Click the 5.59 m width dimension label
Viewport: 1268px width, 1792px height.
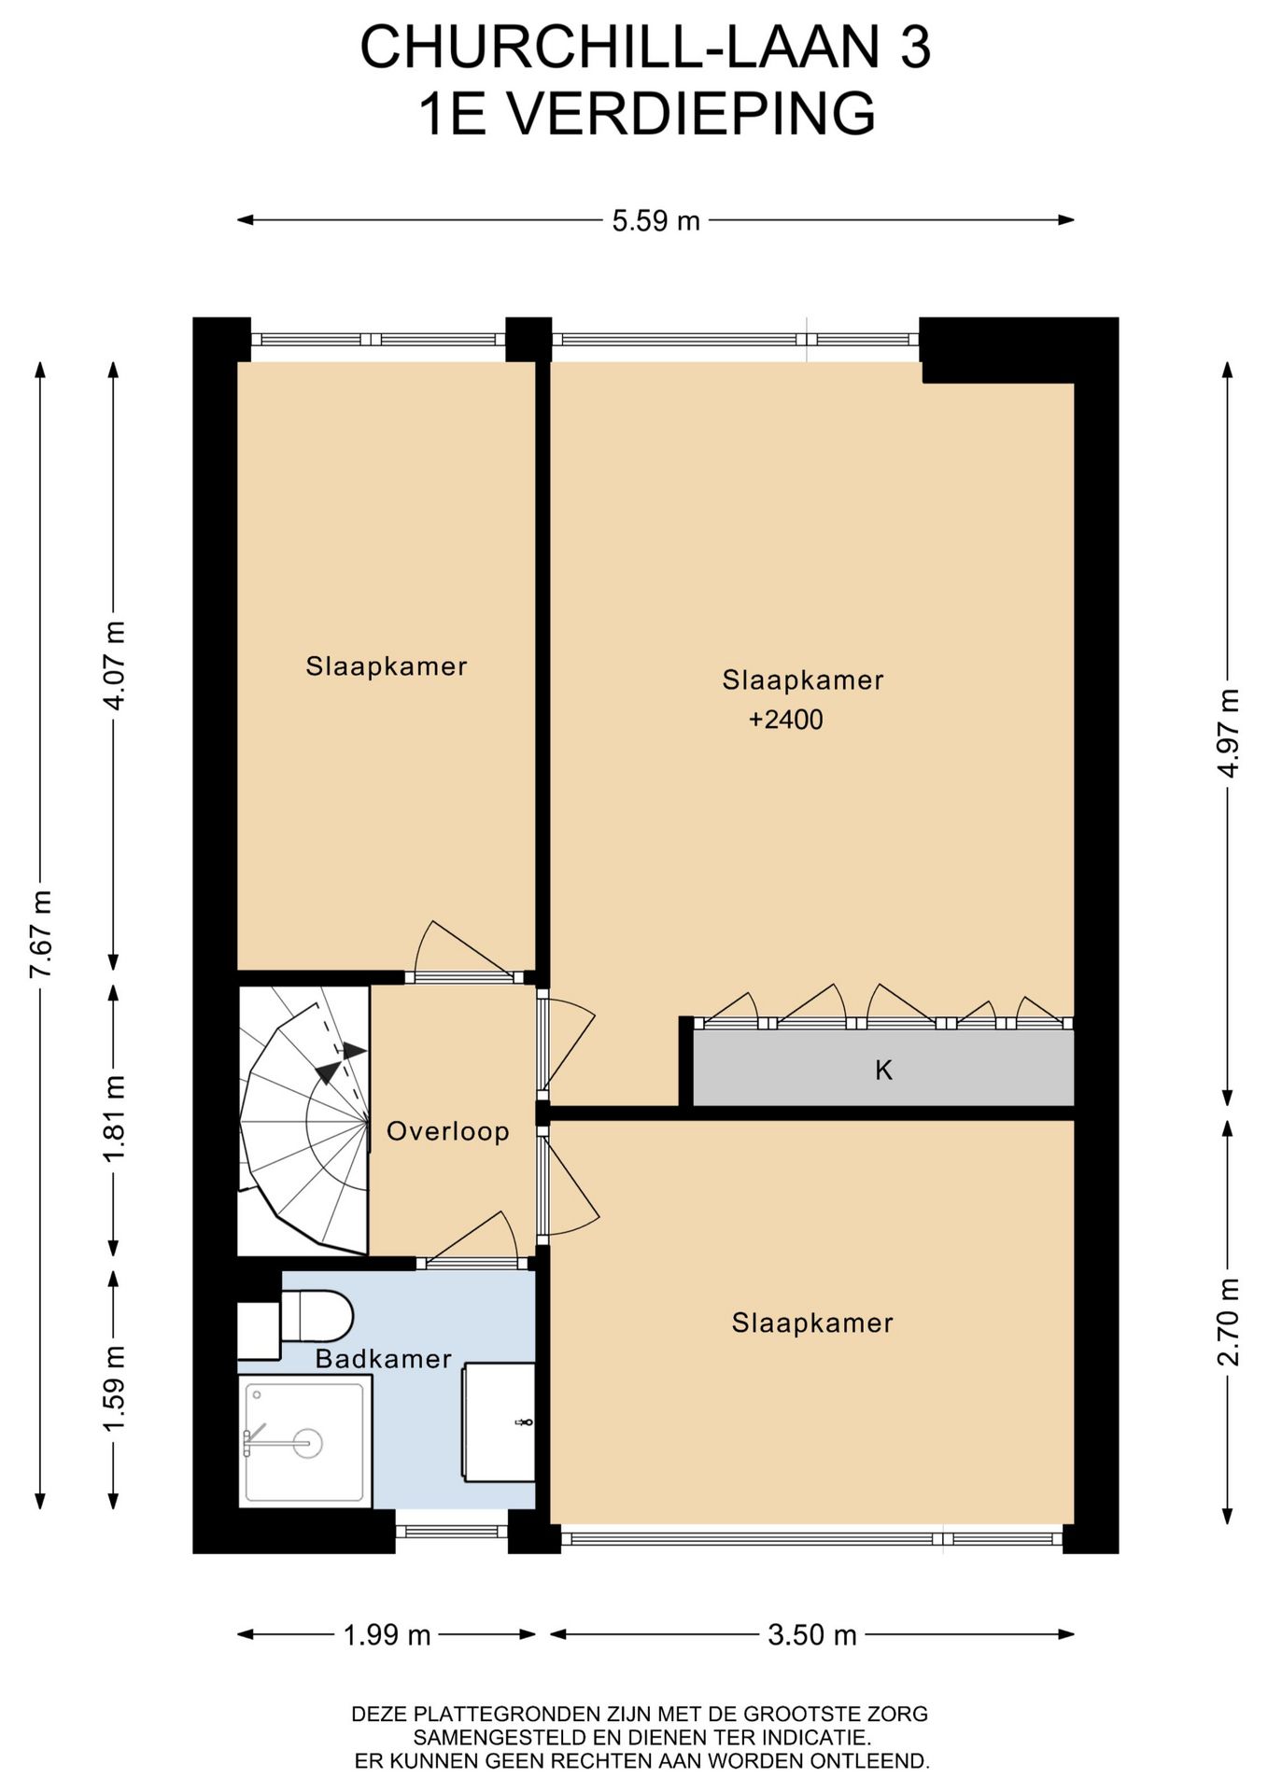click(x=655, y=221)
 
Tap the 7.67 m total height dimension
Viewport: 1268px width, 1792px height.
click(x=40, y=934)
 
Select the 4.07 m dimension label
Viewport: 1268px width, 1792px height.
click(x=114, y=665)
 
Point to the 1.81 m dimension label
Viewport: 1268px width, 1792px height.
click(x=114, y=1119)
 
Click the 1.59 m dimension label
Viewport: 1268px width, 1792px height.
click(x=114, y=1388)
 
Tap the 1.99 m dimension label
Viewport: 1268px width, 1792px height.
click(x=387, y=1634)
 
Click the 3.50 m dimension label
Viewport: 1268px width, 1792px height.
click(x=811, y=1634)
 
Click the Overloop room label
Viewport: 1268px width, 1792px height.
click(x=448, y=1131)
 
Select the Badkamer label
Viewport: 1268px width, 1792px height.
click(x=383, y=1358)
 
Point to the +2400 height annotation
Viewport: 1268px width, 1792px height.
click(x=786, y=720)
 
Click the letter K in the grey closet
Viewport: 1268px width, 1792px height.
click(x=883, y=1070)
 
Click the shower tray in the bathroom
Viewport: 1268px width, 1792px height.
click(x=305, y=1441)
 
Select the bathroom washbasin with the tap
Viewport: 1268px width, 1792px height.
click(x=500, y=1421)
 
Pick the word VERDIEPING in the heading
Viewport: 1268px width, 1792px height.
click(x=690, y=114)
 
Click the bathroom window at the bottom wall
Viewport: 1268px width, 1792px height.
click(x=452, y=1532)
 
